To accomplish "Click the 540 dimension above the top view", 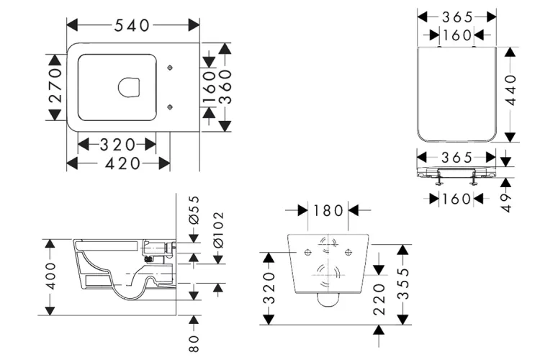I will point(132,25).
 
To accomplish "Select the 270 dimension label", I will point(56,86).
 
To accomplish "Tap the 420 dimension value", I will point(118,163).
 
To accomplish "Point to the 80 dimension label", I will point(192,338).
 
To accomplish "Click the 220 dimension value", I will point(379,297).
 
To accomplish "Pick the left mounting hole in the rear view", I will point(307,251).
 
